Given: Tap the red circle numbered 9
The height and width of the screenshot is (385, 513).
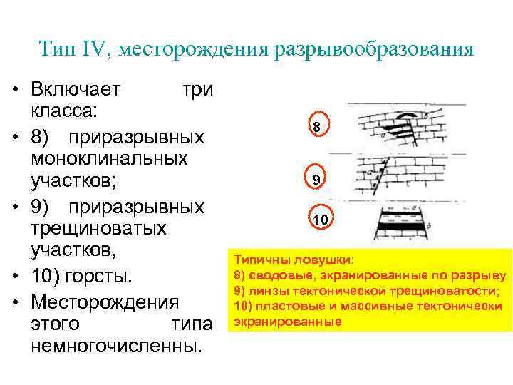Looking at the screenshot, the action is [315, 179].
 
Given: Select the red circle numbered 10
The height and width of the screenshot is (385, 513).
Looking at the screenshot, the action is [320, 220].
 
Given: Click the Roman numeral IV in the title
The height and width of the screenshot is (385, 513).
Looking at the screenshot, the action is [93, 50].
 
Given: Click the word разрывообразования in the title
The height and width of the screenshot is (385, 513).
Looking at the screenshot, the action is [370, 50].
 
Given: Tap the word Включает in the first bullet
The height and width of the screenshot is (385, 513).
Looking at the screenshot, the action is [75, 90].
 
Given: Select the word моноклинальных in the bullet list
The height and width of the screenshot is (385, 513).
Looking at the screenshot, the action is [109, 159].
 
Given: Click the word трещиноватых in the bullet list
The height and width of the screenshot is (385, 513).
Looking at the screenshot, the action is [98, 228].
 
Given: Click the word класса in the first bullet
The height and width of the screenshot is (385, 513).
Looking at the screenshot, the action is [65, 113].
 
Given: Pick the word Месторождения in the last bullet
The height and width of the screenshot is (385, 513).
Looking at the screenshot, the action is [105, 300].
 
